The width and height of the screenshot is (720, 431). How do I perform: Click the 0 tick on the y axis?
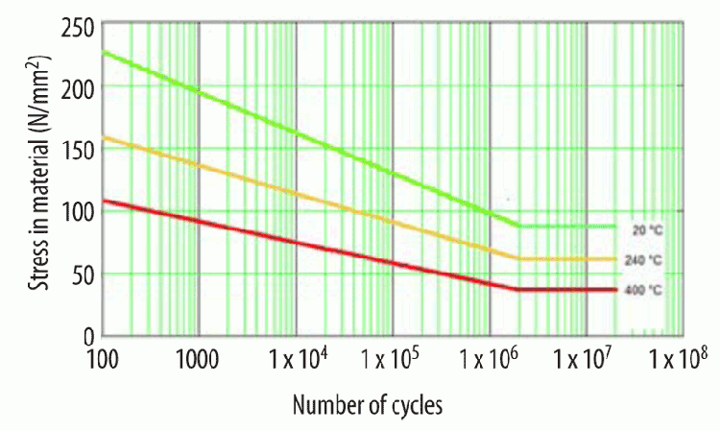click(87, 335)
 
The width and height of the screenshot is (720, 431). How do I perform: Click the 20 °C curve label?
click(647, 230)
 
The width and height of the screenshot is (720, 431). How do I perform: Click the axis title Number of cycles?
click(368, 405)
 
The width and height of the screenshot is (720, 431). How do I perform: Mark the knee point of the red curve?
click(518, 289)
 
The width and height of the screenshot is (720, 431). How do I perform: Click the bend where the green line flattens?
click(519, 227)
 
